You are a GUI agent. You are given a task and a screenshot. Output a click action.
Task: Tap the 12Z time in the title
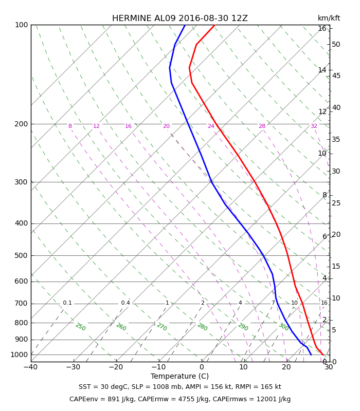[x=240, y=18]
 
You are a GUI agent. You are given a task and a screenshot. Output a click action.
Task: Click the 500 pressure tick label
[x=21, y=255]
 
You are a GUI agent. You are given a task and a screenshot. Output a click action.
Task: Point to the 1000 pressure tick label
[x=19, y=354]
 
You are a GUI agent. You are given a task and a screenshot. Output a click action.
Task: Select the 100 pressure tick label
[x=21, y=25]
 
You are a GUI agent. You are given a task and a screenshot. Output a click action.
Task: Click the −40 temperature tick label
[x=30, y=367]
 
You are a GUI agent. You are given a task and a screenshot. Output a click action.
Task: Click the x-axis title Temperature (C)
[x=179, y=376]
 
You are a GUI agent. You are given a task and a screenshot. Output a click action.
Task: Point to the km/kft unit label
[x=329, y=18]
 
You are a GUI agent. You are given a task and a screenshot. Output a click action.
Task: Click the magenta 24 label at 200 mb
[x=211, y=126]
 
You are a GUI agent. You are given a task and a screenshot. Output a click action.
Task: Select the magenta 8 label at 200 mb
[x=70, y=126]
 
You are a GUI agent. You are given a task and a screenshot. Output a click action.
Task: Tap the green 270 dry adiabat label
[x=161, y=327]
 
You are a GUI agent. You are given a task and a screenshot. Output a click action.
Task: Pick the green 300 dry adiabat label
[x=283, y=327]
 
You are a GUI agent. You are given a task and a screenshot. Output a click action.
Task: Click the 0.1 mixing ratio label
[x=67, y=303]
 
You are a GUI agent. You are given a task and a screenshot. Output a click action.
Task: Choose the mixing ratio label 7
[x=273, y=303]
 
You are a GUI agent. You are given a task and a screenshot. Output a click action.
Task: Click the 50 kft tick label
[x=336, y=44]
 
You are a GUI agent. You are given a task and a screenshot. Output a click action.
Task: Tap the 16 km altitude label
[x=322, y=28]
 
